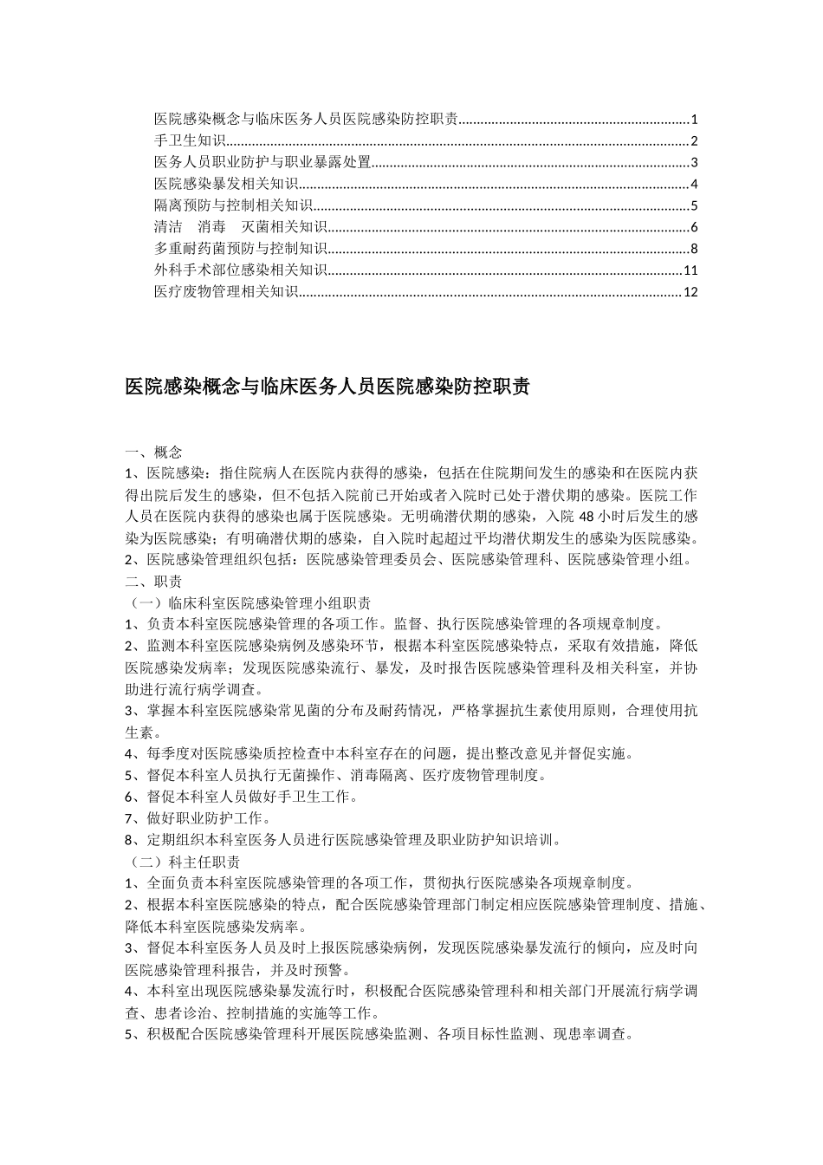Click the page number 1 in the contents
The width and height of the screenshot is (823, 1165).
[694, 120]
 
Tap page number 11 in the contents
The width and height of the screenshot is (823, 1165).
[690, 270]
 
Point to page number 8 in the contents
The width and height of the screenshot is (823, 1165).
[694, 250]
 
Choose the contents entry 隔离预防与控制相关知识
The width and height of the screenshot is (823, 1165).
[233, 206]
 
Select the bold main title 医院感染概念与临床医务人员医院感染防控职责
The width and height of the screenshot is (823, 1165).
[327, 387]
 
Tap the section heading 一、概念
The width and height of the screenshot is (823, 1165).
[153, 452]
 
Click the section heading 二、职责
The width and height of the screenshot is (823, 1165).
[153, 581]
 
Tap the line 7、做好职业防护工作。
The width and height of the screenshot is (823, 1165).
[198, 818]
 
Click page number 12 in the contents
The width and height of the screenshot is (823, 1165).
[690, 292]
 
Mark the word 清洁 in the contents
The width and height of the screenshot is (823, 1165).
[168, 228]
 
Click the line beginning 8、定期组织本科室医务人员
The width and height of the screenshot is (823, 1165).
[342, 840]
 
